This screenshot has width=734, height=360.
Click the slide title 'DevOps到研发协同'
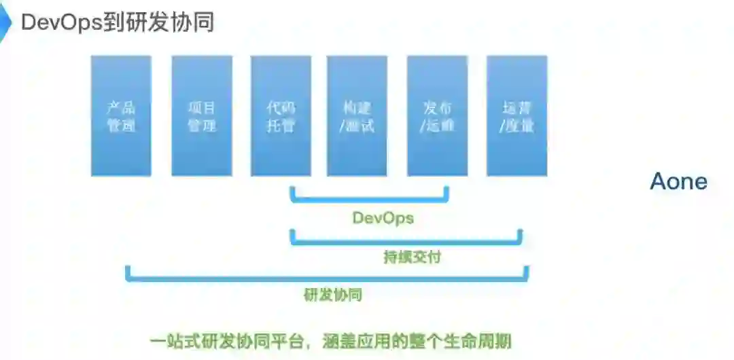click(118, 22)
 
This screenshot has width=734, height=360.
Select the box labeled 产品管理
click(121, 115)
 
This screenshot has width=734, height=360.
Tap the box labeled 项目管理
click(201, 115)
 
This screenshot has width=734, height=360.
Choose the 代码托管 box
click(281, 115)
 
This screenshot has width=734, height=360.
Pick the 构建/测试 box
click(358, 115)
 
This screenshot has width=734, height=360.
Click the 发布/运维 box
click(437, 115)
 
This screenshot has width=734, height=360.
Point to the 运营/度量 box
click(517, 115)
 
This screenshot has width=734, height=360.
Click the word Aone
click(678, 181)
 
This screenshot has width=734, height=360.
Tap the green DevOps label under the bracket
click(383, 218)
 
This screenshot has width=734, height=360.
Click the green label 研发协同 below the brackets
click(332, 295)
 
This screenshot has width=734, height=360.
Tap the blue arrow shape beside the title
click(4, 22)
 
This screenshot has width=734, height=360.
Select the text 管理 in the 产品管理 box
click(121, 126)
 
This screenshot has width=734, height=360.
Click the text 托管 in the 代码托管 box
click(281, 126)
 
